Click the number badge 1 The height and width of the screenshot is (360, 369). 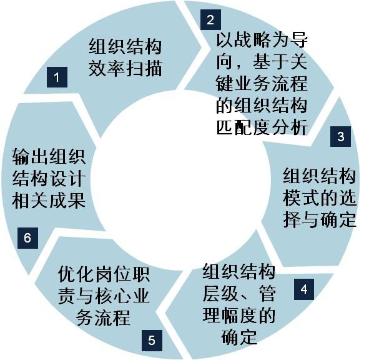57,77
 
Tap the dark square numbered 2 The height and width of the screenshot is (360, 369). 210,19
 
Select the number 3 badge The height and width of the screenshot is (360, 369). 340,136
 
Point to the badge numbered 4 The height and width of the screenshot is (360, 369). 304,289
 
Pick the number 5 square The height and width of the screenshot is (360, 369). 152,340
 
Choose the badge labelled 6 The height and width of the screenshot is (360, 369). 27,238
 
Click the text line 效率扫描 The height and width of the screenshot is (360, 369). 125,69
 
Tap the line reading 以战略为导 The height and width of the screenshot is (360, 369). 262,39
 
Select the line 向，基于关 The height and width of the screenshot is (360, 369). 262,61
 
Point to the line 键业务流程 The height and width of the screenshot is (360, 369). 262,83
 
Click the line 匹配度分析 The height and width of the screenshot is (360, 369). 262,127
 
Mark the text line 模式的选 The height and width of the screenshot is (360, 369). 319,198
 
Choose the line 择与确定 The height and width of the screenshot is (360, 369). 319,220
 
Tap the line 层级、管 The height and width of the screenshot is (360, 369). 239,294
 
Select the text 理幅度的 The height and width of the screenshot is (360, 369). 239,316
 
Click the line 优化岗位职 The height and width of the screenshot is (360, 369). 104,274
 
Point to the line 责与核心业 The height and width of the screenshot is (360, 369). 104,296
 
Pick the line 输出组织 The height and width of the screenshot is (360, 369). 49,157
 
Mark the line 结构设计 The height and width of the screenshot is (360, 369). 49,179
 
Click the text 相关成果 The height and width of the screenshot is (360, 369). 49,201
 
